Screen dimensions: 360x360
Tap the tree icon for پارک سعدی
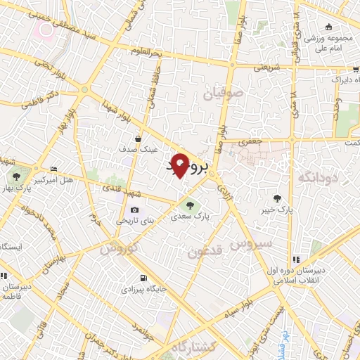pos(188,205)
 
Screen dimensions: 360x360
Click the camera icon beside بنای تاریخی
pos(134,210)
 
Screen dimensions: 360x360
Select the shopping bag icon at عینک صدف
pos(139,138)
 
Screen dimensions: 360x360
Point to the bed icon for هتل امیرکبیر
pos(54,169)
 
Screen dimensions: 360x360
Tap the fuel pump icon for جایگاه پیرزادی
pos(144,278)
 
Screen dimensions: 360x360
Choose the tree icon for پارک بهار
pos(16,175)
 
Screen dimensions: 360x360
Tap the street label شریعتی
pos(266,68)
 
